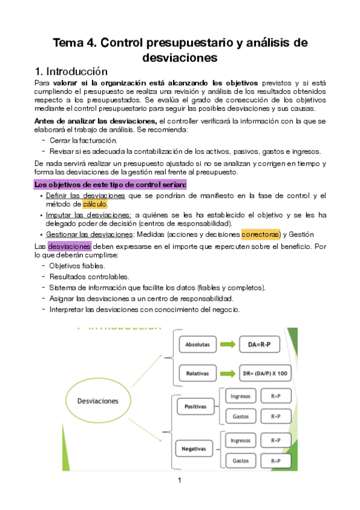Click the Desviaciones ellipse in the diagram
tap(97, 401)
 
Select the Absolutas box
tap(198, 345)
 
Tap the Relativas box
tap(198, 373)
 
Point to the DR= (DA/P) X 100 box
tap(264, 373)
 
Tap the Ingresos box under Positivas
tap(240, 396)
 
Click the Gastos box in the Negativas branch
tap(240, 460)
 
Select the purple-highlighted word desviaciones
tap(69, 246)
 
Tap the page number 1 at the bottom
tap(179, 480)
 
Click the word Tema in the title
tap(69, 43)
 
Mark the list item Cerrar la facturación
tap(83, 140)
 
